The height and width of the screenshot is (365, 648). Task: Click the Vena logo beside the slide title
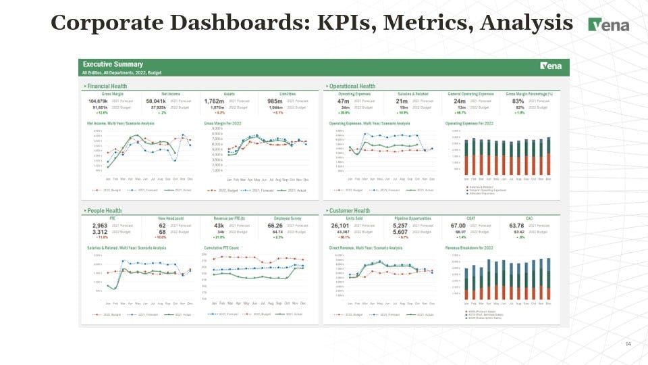(609, 25)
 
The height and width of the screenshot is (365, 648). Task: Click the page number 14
(628, 345)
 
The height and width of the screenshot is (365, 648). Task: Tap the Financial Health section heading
(106, 87)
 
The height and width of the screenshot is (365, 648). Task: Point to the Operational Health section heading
(352, 87)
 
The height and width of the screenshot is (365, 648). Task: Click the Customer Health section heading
(350, 211)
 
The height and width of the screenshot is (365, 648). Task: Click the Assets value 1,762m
(214, 101)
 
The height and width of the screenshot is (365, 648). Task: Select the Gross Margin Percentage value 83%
(518, 101)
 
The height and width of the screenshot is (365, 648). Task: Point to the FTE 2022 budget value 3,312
(99, 232)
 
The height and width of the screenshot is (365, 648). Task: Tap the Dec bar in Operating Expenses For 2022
(548, 156)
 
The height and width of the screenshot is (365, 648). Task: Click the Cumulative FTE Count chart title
(221, 248)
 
